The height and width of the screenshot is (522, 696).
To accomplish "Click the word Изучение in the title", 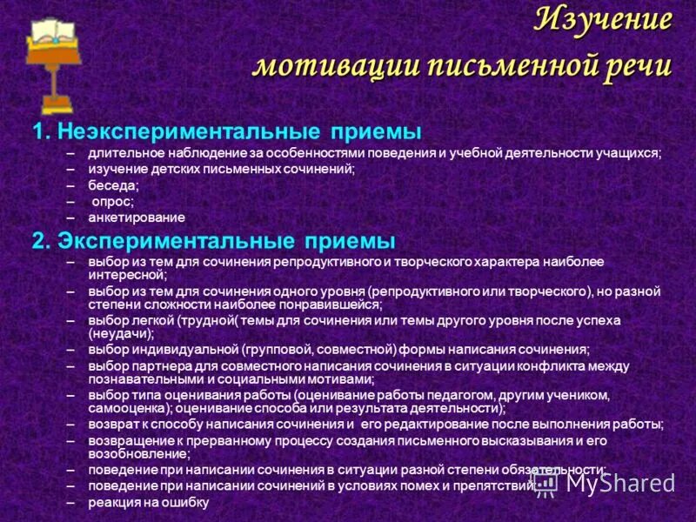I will [603, 19].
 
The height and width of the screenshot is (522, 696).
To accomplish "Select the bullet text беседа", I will [112, 185].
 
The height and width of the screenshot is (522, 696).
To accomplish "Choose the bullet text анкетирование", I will [136, 217].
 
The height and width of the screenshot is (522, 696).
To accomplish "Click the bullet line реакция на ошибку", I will [148, 503].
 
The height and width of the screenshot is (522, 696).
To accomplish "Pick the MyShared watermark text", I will [618, 482].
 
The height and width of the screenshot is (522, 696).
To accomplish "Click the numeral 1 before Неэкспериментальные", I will [38, 131].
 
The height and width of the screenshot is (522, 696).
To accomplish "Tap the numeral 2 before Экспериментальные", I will [38, 239].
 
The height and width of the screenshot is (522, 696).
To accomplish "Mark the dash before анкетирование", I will [70, 217].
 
